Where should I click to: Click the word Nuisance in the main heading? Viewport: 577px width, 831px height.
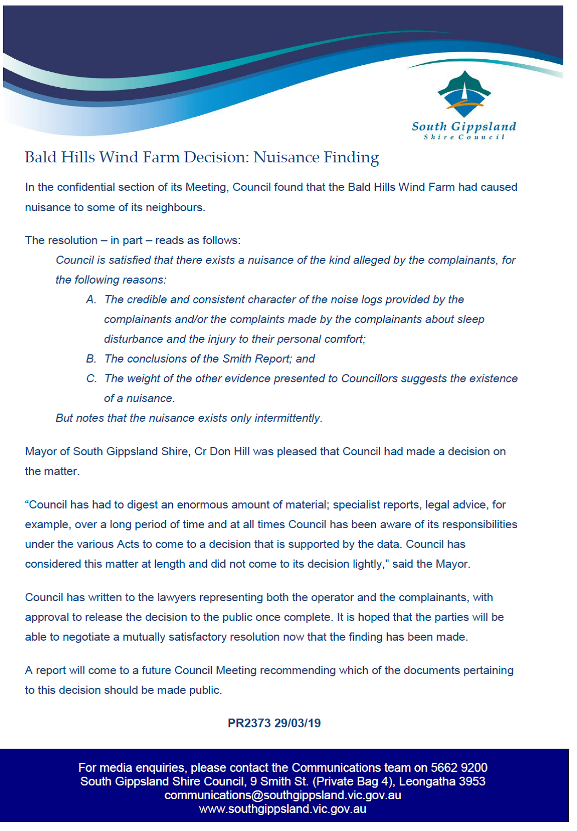285,157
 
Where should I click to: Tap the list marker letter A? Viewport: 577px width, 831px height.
91,299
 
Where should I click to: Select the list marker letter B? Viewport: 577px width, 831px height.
91,359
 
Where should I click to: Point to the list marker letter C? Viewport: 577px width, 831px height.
91,378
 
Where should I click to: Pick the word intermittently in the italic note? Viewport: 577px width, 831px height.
287,418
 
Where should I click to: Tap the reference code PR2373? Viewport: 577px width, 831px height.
249,723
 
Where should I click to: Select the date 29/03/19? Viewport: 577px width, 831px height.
298,723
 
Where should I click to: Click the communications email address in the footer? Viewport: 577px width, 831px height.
282,795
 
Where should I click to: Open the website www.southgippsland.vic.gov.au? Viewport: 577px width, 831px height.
282,809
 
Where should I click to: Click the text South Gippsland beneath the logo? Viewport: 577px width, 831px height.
464,127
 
